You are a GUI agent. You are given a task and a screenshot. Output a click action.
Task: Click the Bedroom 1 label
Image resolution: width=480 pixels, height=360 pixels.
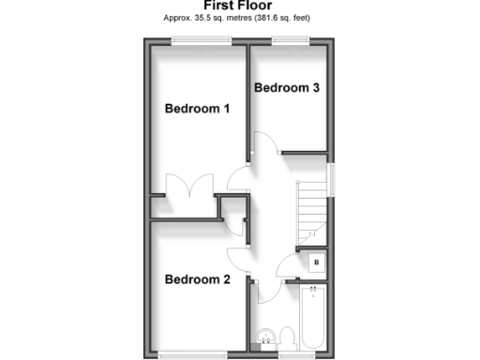(x=197, y=109)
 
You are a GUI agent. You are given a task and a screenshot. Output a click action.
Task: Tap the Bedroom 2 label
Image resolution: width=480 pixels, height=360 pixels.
(x=197, y=278)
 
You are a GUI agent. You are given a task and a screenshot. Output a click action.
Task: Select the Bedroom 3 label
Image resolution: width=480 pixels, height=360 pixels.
(x=287, y=88)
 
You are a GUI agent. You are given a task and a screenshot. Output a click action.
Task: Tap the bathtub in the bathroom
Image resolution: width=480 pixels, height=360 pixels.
(x=312, y=320)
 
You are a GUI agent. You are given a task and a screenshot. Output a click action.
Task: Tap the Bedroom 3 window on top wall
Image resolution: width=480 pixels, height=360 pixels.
(x=292, y=38)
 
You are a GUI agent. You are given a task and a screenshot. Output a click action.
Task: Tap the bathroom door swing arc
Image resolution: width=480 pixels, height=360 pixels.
(x=265, y=292)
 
